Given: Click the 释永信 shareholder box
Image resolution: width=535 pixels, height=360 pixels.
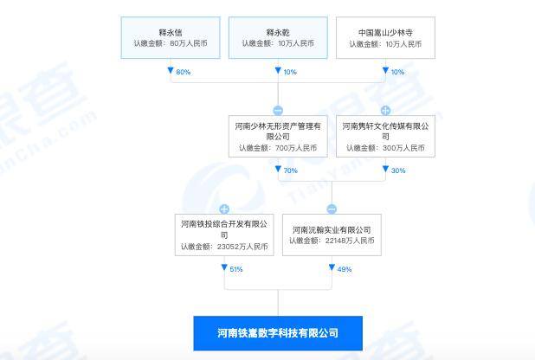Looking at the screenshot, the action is point(171,38).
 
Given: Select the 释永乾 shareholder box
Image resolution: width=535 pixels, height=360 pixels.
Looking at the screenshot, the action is point(278,38).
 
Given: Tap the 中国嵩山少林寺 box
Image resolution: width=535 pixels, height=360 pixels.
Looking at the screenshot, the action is point(385,38).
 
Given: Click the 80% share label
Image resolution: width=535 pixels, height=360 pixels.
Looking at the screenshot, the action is point(184,72).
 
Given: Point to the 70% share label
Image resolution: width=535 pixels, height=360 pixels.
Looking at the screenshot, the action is point(291,170).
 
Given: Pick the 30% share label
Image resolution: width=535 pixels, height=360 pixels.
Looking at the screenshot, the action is point(398,170).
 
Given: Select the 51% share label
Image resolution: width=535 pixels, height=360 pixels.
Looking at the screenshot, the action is point(236,269).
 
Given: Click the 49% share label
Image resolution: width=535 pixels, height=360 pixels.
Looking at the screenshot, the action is point(345,269).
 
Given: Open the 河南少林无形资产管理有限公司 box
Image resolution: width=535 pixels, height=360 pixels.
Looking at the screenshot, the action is point(278,137).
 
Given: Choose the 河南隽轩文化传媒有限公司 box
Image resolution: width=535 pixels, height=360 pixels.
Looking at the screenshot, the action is point(385,137).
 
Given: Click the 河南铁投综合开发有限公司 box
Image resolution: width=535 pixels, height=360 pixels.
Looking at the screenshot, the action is point(224,235).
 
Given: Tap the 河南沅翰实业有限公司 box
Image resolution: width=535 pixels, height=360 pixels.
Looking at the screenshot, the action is point(332,235).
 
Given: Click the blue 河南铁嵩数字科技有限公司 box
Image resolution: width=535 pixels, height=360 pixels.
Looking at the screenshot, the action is point(278,333).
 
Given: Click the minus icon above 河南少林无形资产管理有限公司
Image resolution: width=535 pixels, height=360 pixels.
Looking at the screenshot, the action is point(278,111).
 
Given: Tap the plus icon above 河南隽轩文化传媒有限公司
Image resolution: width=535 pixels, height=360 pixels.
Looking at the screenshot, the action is point(385,111).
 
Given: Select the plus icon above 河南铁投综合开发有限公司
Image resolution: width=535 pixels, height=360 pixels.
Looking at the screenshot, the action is point(224,209).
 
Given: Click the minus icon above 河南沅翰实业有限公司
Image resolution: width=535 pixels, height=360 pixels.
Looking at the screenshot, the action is point(332,209).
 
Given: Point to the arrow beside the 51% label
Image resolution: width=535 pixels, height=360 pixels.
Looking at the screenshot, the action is point(224,267).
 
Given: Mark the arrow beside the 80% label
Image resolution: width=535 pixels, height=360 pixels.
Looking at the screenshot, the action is point(171,70).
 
